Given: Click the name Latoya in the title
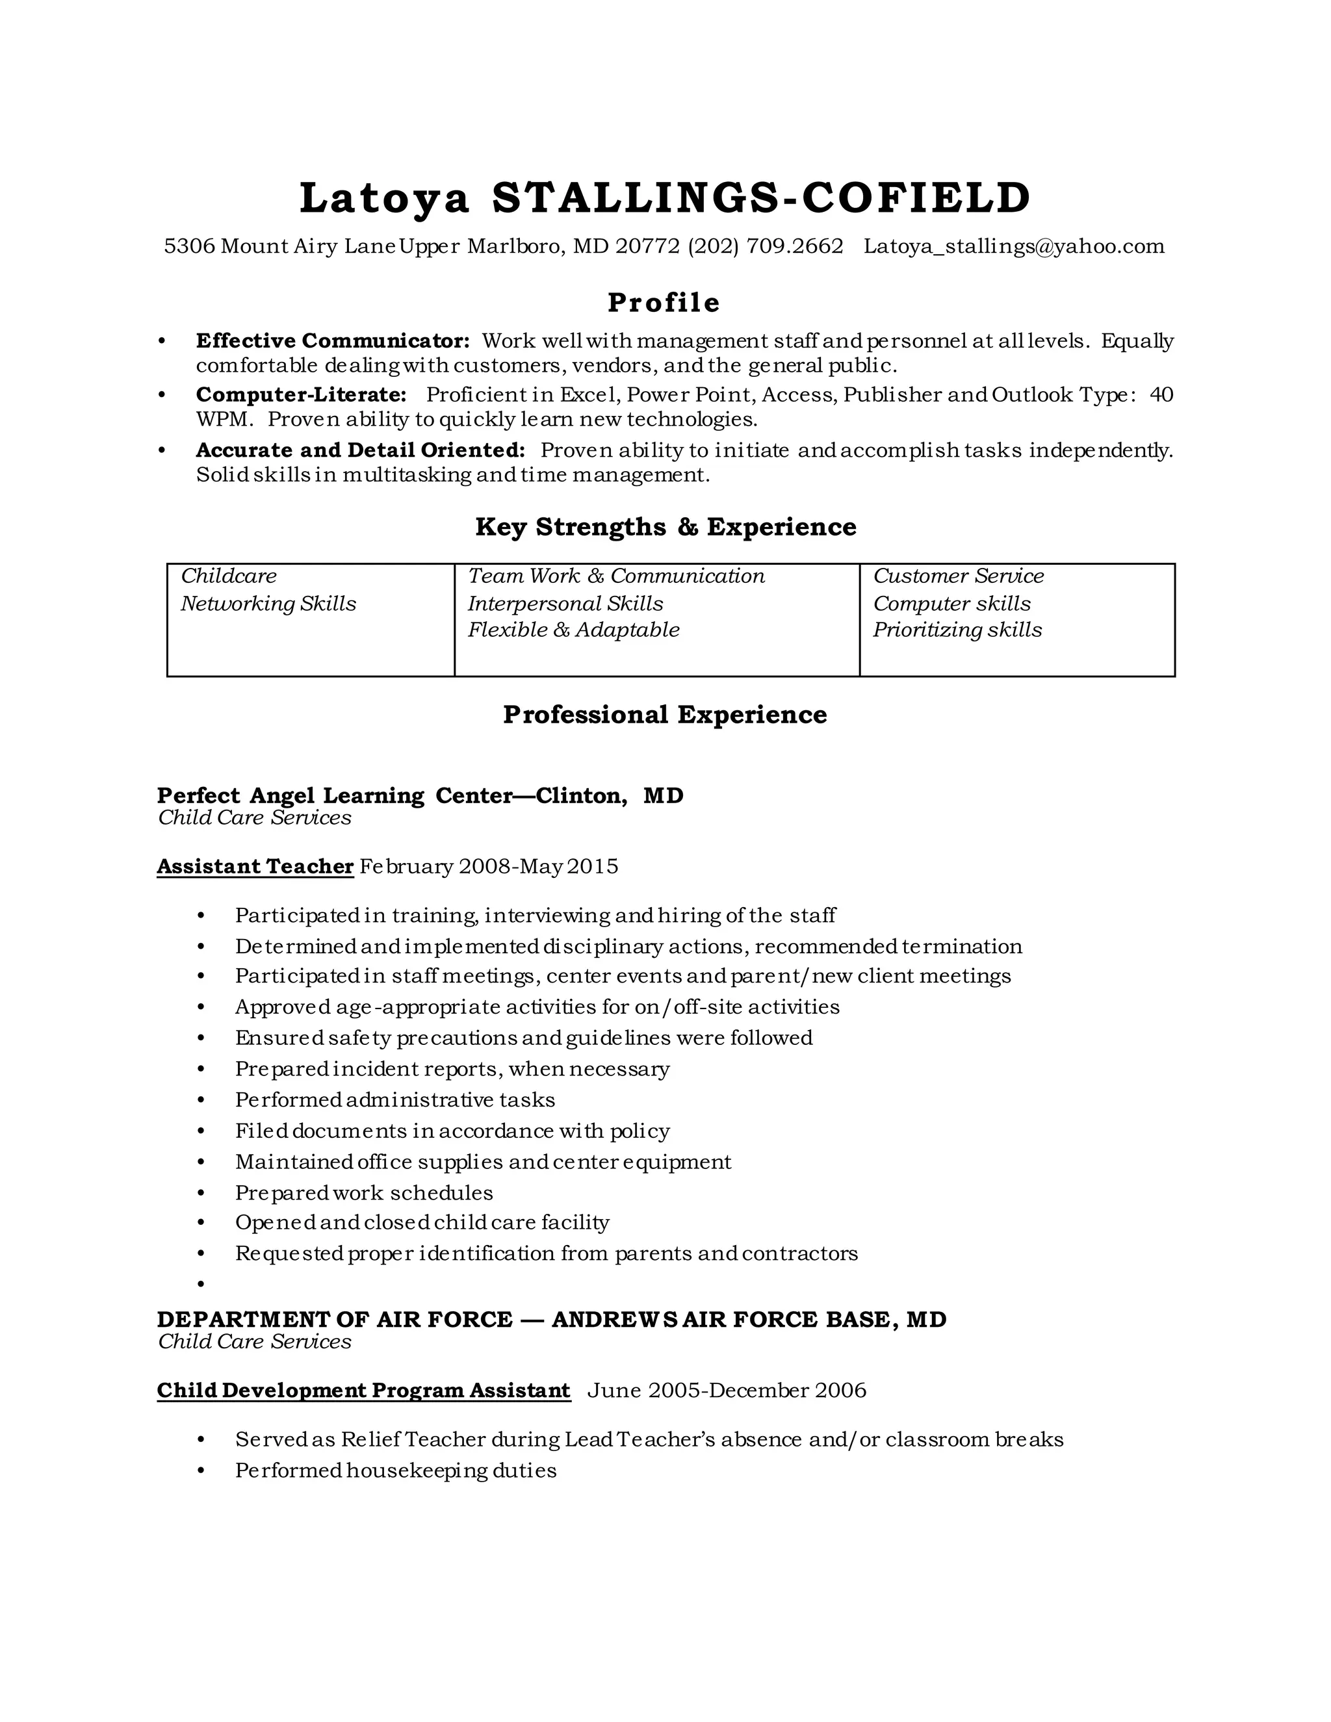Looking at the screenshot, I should point(384,198).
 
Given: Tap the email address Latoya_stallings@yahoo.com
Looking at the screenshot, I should point(1014,246).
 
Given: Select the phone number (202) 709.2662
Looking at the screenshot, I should point(765,246).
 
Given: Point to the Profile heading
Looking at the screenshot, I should point(664,303).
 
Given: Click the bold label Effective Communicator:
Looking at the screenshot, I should point(333,341).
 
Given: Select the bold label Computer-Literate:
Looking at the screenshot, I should point(301,394).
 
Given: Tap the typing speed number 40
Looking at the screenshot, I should point(1161,394).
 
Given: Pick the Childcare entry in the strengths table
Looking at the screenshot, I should point(229,576).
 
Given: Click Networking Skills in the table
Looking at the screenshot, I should point(268,603).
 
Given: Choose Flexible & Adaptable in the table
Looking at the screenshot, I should point(573,630).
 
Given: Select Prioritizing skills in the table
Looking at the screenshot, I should point(957,630).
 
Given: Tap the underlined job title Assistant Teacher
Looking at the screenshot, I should point(255,866).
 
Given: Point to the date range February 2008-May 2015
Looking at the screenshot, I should point(489,866).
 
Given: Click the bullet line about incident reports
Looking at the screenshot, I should point(452,1069).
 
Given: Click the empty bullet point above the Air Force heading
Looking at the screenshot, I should point(201,1285).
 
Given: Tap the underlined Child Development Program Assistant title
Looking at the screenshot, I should point(363,1390).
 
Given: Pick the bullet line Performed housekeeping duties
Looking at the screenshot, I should point(395,1471).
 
